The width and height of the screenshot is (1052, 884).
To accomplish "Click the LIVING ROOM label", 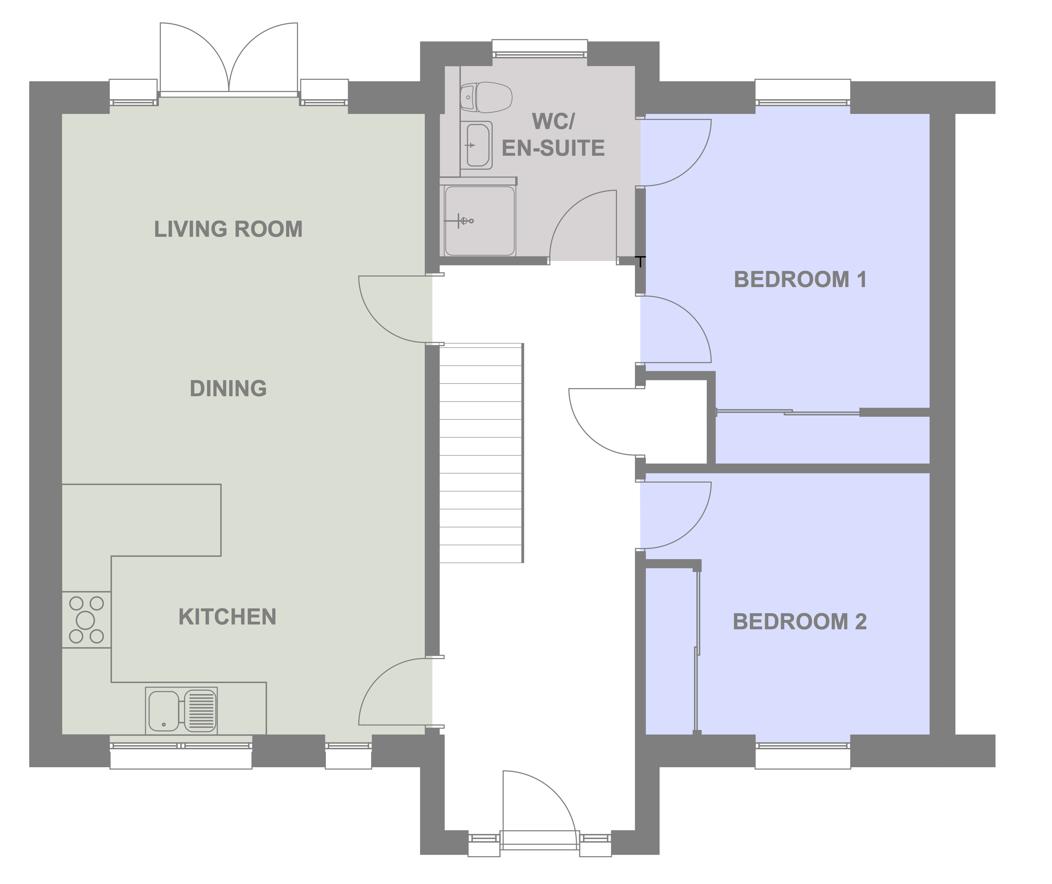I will point(228,229).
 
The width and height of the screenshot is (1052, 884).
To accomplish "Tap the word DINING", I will point(228,388).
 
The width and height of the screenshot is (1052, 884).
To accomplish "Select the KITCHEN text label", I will point(227,617).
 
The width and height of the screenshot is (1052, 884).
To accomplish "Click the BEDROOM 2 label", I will point(800,622).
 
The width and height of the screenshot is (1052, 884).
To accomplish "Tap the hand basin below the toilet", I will point(477,145).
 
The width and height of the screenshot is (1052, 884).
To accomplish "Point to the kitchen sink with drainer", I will point(181,710).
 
